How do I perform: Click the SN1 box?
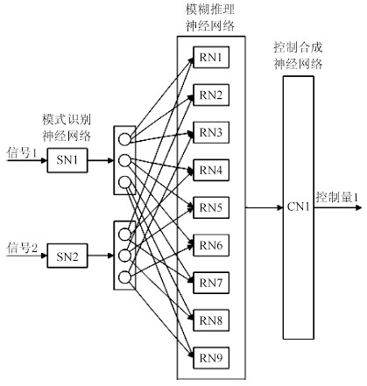pyautogui.click(x=67, y=160)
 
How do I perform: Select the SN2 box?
pyautogui.click(x=67, y=256)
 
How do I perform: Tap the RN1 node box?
pyautogui.click(x=211, y=57)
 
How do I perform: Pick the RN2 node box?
pyautogui.click(x=211, y=95)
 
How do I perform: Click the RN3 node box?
pyautogui.click(x=211, y=132)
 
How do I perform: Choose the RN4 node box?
pyautogui.click(x=211, y=170)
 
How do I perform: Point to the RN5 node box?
pyautogui.click(x=211, y=207)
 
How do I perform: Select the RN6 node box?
pyautogui.click(x=211, y=245)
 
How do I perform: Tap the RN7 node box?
pyautogui.click(x=211, y=283)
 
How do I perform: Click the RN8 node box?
pyautogui.click(x=211, y=320)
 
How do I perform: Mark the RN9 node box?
pyautogui.click(x=211, y=358)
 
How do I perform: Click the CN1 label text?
pyautogui.click(x=298, y=207)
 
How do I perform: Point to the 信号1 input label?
pyautogui.click(x=22, y=152)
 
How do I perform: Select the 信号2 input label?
pyautogui.click(x=22, y=249)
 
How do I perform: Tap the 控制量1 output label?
pyautogui.click(x=336, y=198)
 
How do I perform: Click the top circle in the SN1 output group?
pyautogui.click(x=124, y=139)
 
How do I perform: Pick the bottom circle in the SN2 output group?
pyautogui.click(x=124, y=277)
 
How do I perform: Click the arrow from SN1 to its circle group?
pyautogui.click(x=101, y=160)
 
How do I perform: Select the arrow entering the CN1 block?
pyautogui.click(x=264, y=207)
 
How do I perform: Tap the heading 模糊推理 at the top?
pyautogui.click(x=210, y=10)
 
